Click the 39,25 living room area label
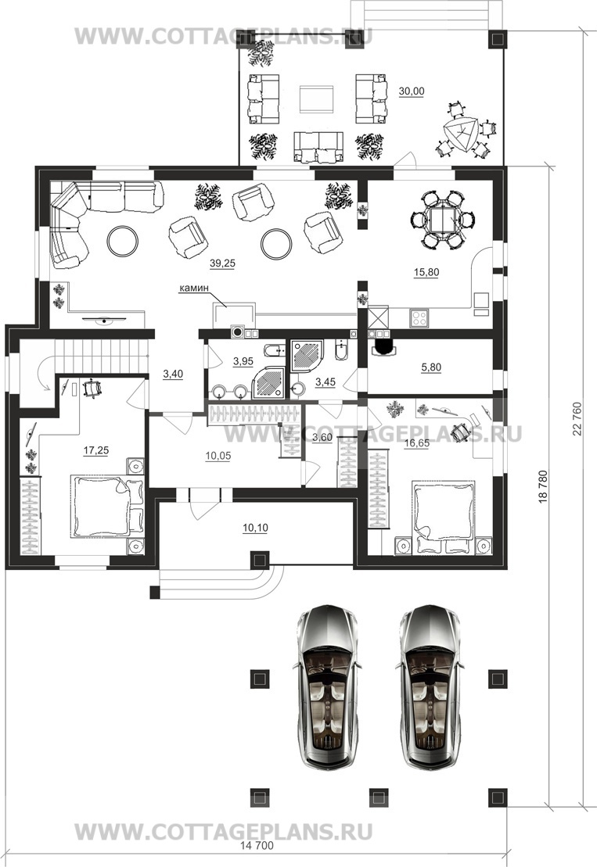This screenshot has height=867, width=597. coord(222,263)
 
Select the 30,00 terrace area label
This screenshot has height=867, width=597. coord(412,91)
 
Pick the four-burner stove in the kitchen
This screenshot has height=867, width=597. coord(419,318)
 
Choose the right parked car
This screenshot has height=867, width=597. coord(432,686)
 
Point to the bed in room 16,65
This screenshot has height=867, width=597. coord(444,517)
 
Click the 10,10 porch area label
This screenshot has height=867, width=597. coord(255,528)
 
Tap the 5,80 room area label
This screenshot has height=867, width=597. coord(432,367)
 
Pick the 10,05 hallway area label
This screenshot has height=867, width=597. coord(218,456)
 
